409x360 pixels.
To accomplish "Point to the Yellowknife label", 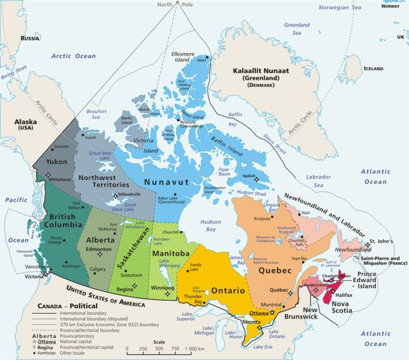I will point(132,195).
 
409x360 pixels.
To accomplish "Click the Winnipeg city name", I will point(162,288).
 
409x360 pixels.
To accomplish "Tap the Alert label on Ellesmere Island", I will point(202,60).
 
